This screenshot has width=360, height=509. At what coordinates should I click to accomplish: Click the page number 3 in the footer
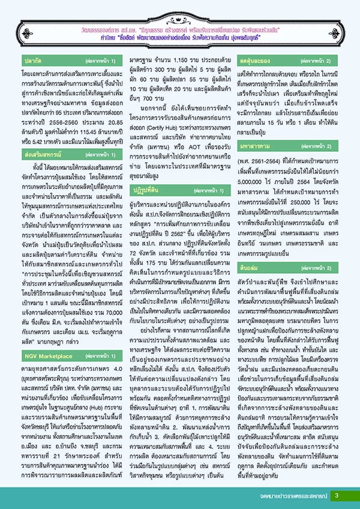click(x=337, y=495)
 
